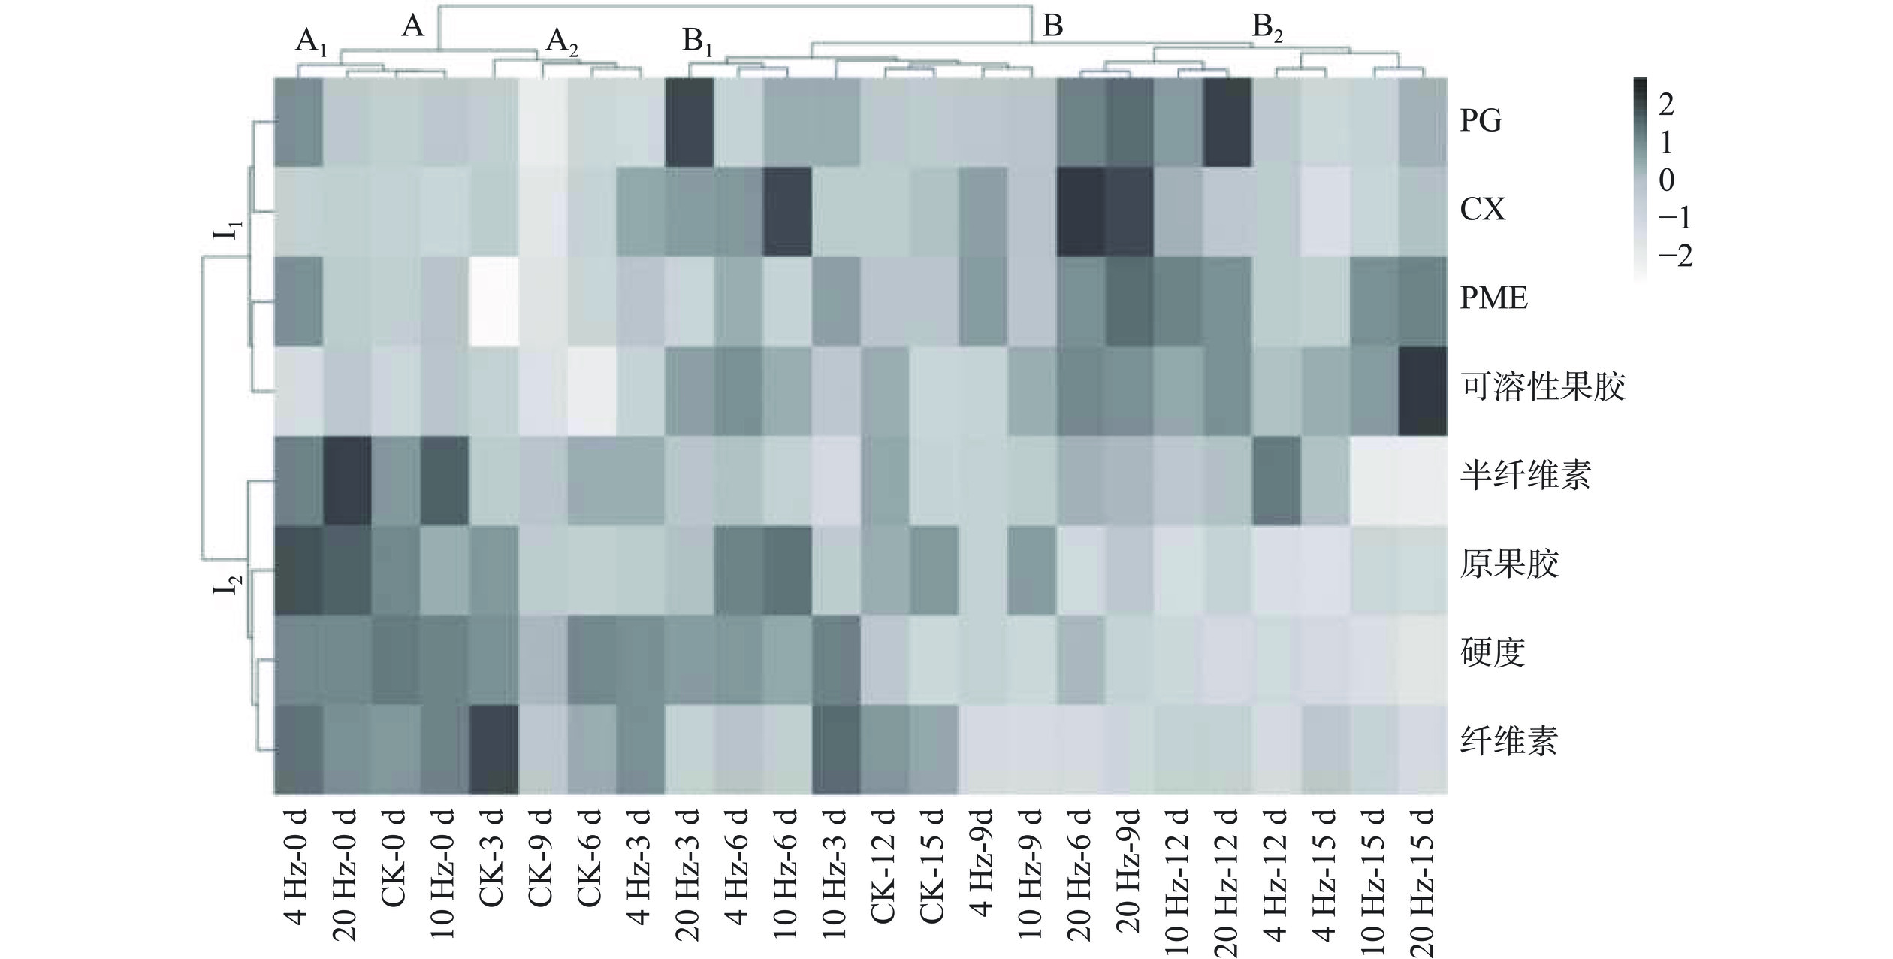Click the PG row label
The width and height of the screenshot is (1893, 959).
click(x=1481, y=121)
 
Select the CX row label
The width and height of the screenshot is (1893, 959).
click(x=1483, y=210)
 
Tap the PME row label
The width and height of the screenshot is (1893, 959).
click(x=1493, y=298)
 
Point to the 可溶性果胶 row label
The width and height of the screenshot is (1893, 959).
click(x=1542, y=387)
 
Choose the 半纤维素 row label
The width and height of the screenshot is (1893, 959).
click(x=1525, y=476)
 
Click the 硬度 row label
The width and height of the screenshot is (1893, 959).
click(x=1493, y=652)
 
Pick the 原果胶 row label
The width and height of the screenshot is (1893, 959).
click(x=1509, y=564)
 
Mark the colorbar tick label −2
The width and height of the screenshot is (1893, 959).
click(x=1674, y=257)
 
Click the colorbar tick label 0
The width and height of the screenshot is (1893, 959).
click(x=1666, y=180)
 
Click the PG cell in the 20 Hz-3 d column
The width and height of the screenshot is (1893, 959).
click(x=688, y=122)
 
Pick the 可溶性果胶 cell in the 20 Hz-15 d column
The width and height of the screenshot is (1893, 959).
click(x=1423, y=391)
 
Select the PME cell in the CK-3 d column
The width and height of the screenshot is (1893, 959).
click(x=493, y=301)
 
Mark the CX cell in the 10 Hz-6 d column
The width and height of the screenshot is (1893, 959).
click(x=786, y=211)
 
